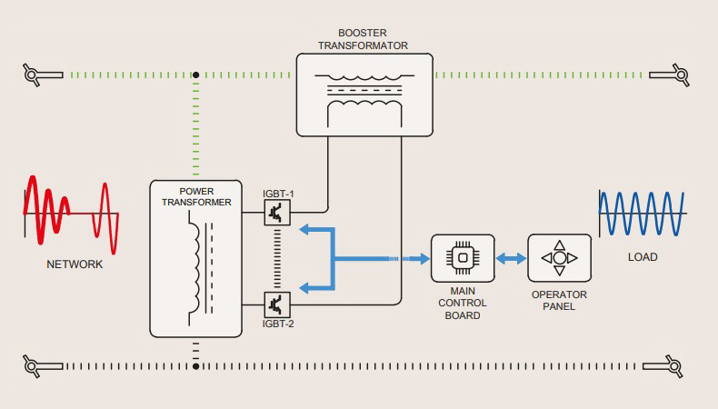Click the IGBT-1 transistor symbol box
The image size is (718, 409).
tap(276, 213)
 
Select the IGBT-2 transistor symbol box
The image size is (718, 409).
tap(276, 303)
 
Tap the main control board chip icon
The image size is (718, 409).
tap(463, 257)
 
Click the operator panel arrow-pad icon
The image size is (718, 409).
tap(560, 257)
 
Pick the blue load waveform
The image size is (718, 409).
tap(642, 214)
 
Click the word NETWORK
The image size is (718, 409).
tap(75, 264)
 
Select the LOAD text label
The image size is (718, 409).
tap(642, 257)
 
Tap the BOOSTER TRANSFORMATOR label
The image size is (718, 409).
tap(364, 38)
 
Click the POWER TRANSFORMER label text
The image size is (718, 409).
tap(196, 196)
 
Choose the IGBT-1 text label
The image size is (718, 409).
tap(277, 194)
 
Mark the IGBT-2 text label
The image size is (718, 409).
tap(277, 323)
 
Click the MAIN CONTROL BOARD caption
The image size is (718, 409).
tap(463, 303)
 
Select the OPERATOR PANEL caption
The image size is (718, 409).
tap(559, 301)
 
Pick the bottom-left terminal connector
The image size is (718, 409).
tap(34, 366)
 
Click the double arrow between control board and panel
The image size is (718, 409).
tap(511, 258)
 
